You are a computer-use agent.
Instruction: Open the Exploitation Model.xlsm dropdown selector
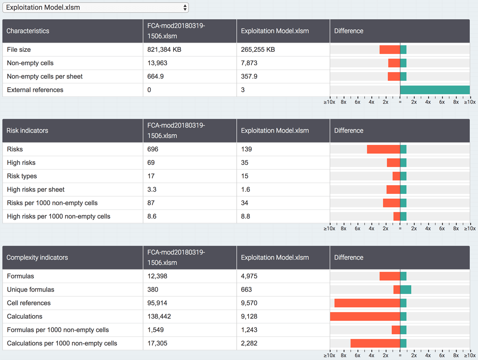(x=96, y=8)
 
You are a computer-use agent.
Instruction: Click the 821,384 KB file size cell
(x=165, y=50)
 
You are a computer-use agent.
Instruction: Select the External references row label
(x=35, y=90)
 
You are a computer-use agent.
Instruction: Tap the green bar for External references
(x=435, y=90)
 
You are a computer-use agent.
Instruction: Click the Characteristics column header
(x=28, y=31)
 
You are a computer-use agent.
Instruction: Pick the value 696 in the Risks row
(x=153, y=149)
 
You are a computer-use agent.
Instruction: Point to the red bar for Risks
(x=383, y=149)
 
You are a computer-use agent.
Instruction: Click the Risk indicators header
(x=27, y=131)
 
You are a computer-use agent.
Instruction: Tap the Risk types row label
(x=22, y=176)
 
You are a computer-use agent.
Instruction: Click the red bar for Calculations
(x=365, y=317)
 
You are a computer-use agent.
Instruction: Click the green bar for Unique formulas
(x=406, y=290)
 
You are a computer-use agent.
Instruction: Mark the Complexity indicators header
(x=37, y=258)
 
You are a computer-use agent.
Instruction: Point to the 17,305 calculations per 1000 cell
(x=157, y=343)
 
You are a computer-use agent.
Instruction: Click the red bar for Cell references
(x=367, y=303)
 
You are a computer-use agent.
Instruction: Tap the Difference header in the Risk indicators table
(x=349, y=131)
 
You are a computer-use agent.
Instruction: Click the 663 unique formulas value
(x=247, y=290)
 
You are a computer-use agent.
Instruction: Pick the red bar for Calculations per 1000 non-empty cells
(x=375, y=343)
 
